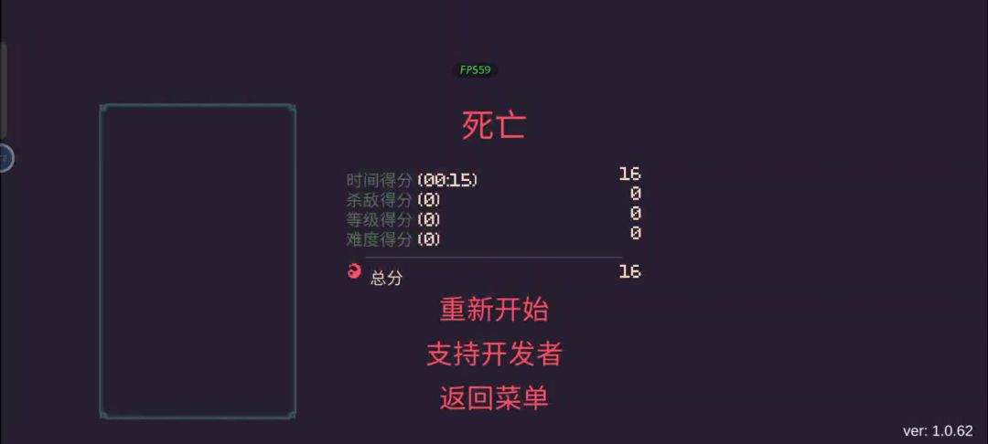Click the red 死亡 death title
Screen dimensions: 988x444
click(494, 125)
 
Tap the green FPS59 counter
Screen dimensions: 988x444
click(475, 69)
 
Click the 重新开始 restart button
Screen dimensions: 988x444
click(494, 310)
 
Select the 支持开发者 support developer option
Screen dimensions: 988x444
click(494, 354)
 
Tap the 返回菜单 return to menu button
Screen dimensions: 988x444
click(494, 397)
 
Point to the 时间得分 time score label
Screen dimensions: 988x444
click(380, 180)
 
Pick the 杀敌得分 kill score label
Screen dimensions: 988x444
click(380, 200)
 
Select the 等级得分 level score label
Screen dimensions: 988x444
click(380, 219)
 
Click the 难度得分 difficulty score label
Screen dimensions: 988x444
click(380, 239)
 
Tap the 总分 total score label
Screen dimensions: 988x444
click(386, 278)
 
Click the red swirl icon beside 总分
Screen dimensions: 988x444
click(355, 271)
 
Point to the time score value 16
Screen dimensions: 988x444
click(629, 174)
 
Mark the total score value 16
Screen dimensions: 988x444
click(629, 271)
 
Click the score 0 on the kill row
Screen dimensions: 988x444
click(635, 194)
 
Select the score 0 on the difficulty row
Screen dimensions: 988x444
click(635, 233)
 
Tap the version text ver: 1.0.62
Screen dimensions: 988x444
click(938, 431)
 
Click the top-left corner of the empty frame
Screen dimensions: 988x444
click(101, 106)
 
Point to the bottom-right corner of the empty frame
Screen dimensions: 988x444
click(295, 417)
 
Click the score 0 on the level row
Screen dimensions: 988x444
click(635, 213)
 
